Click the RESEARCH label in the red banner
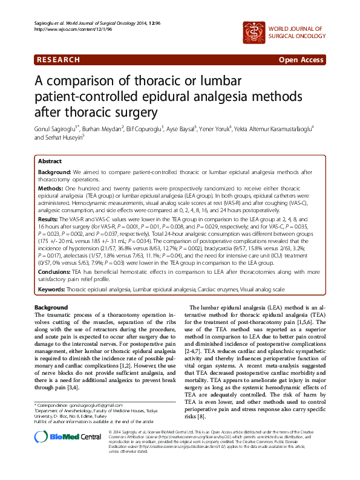[x=58, y=60]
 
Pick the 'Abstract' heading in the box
[x=50, y=161]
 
